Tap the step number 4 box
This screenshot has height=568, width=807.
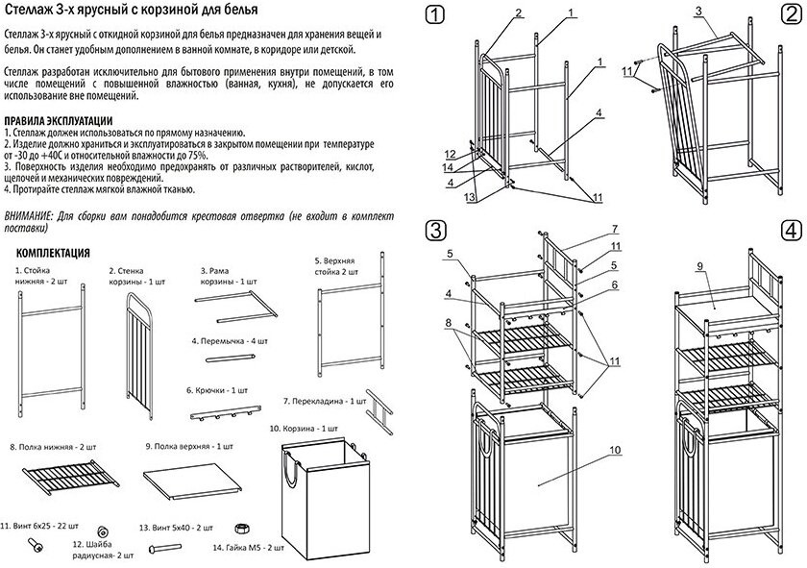click(x=791, y=231)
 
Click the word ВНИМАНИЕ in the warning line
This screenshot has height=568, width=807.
click(x=29, y=217)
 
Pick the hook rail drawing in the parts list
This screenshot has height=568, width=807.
click(x=221, y=415)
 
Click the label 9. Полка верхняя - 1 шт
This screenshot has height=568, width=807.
click(x=189, y=447)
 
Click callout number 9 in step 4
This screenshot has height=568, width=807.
click(x=700, y=266)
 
